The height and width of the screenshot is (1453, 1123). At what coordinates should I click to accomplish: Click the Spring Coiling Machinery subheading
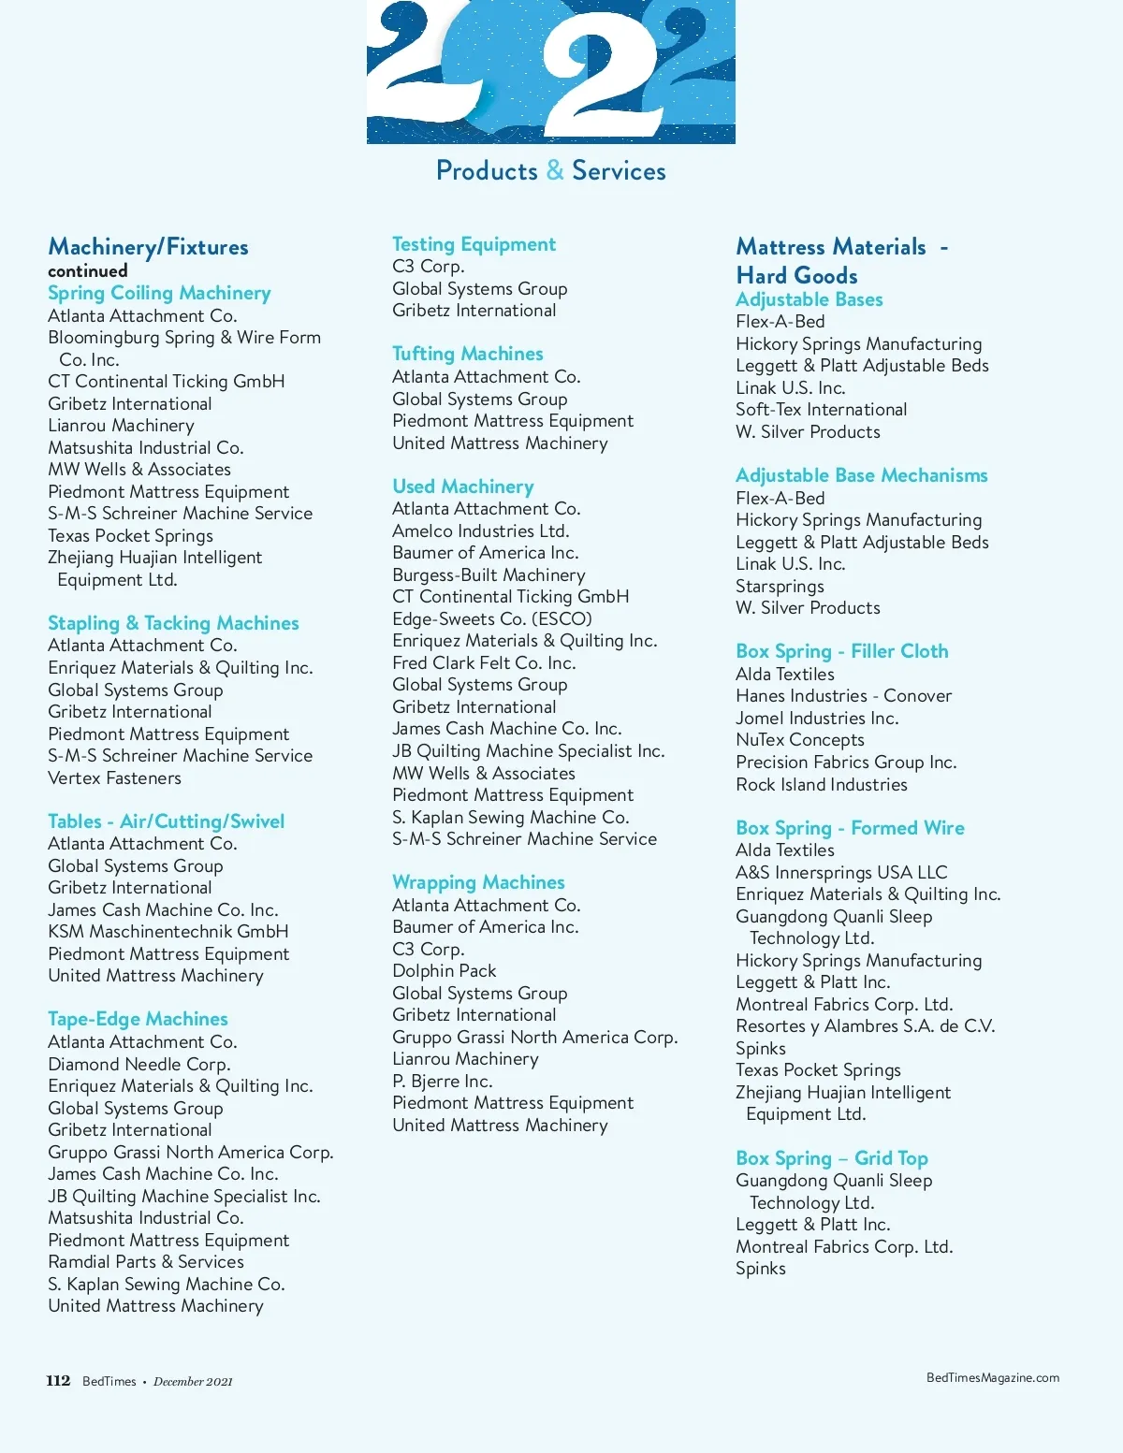pos(159,294)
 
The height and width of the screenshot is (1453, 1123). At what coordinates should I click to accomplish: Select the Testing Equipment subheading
pos(474,245)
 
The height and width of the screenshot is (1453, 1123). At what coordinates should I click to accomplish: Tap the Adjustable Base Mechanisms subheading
pos(861,476)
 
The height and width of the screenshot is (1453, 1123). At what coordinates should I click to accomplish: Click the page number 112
pos(58,1381)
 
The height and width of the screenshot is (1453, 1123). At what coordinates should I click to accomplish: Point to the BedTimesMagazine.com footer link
pos(992,1377)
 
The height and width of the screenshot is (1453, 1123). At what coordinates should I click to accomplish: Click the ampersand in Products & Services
pos(555,171)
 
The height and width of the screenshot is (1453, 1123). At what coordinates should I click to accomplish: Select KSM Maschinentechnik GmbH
pos(168,932)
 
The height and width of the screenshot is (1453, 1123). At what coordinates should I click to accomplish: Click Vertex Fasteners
pos(114,778)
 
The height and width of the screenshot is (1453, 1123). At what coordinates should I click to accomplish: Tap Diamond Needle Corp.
pos(139,1065)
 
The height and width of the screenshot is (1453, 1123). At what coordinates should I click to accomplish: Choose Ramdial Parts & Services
pos(146,1262)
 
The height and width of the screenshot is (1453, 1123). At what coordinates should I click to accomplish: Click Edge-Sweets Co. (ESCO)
pos(492,619)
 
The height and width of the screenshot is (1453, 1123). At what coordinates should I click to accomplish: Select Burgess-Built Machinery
pos(489,575)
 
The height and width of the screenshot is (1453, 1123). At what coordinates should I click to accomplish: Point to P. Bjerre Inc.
pos(442,1082)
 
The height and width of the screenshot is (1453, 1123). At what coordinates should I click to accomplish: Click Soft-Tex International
pos(821,410)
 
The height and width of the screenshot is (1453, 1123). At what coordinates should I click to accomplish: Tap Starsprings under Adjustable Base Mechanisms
pos(780,587)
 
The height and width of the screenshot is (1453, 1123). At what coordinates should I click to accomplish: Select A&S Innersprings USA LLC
pos(841,873)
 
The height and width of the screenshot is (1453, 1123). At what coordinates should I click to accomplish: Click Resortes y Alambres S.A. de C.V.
pos(865,1026)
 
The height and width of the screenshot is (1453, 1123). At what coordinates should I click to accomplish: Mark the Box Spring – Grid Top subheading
pos(832,1159)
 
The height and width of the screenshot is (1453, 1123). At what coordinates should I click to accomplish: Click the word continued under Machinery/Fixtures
pos(88,271)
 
